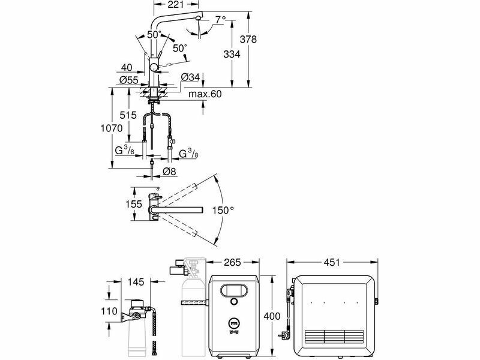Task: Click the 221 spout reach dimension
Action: (x=176, y=4)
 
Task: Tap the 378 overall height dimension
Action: (x=248, y=40)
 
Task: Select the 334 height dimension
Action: (x=232, y=54)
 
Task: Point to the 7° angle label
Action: (x=220, y=20)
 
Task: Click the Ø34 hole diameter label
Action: (x=190, y=77)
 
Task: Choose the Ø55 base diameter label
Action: (x=129, y=80)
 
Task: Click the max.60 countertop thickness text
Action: (x=205, y=94)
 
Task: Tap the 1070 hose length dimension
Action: (x=112, y=128)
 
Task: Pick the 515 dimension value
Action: (x=128, y=115)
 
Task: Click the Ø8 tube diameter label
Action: (x=170, y=172)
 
